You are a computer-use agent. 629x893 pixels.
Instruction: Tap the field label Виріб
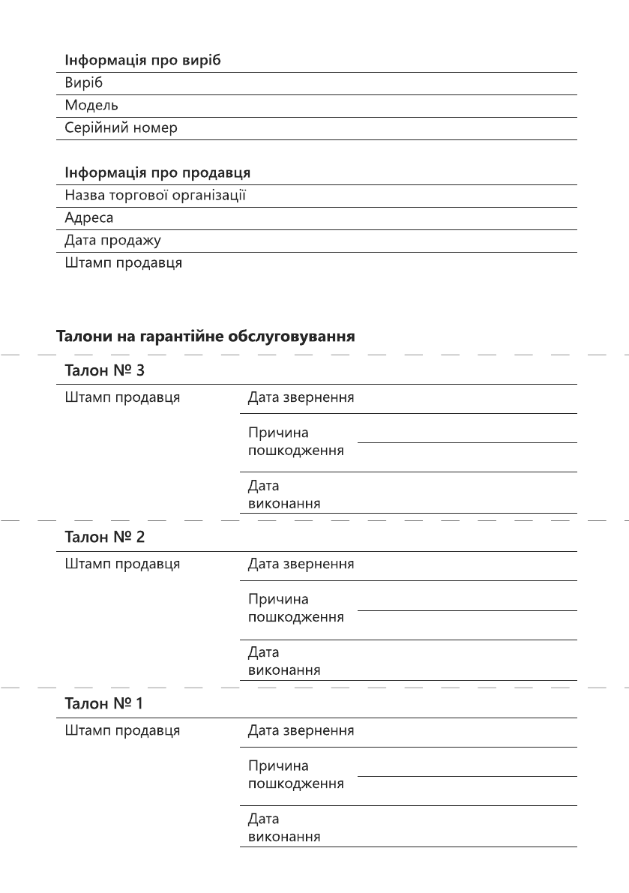pos(82,82)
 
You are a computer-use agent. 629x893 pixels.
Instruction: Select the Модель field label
pos(91,105)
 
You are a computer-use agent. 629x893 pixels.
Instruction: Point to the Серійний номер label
pos(121,127)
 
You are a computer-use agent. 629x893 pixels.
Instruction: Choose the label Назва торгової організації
pos(155,196)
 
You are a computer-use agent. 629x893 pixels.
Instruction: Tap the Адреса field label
pos(89,218)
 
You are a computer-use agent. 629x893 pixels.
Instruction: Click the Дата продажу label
pos(112,241)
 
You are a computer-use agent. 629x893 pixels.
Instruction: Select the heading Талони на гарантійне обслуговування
pos(205,337)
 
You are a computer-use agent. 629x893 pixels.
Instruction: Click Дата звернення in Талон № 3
pos(301,397)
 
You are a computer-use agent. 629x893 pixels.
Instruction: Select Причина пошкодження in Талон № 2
pos(296,608)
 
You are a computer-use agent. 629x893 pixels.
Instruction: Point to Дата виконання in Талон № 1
pos(284,828)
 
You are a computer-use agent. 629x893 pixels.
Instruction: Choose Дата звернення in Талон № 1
pos(301,730)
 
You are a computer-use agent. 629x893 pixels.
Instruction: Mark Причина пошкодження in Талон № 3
pos(296,442)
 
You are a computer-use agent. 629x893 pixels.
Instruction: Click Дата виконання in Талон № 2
pos(284,661)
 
